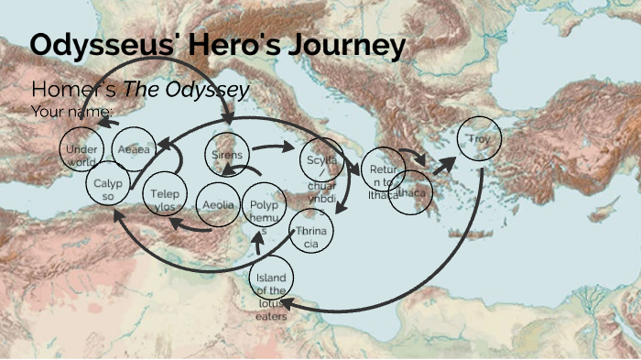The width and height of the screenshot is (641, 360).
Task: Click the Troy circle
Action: coord(480,140)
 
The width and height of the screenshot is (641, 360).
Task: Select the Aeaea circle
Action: coord(135,149)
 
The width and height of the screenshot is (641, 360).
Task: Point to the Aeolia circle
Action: coord(219,205)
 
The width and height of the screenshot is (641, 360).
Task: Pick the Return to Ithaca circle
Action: coord(382,169)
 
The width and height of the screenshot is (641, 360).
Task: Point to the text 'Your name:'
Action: coord(72,112)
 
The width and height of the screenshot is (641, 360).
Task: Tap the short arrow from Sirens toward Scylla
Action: coord(269,147)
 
